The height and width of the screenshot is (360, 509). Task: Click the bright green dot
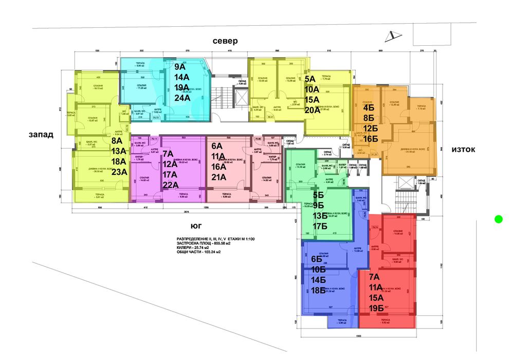pos(498,219)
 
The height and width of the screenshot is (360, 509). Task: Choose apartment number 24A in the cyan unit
pos(183,98)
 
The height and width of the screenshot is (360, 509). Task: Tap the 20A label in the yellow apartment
pos(313,110)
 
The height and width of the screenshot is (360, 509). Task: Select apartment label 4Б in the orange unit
pos(369,109)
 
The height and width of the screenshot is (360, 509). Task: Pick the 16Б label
pos(370,139)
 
